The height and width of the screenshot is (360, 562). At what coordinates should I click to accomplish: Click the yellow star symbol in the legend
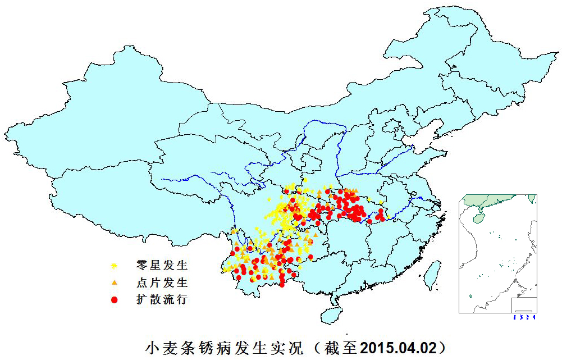click(x=114, y=265)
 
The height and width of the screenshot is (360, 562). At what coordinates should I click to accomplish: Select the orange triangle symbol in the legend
click(x=114, y=282)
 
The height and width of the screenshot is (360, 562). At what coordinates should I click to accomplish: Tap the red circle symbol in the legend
click(x=114, y=300)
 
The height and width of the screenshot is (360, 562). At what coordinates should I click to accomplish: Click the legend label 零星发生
click(x=162, y=265)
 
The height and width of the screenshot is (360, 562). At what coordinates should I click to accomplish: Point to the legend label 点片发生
click(x=162, y=282)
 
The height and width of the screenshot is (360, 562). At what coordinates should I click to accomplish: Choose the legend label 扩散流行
click(x=162, y=299)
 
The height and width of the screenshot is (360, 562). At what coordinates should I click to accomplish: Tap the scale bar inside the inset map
click(x=524, y=310)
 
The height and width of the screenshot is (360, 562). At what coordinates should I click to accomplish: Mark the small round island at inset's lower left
click(x=470, y=296)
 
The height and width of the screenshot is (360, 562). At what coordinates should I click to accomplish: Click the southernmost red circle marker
click(x=282, y=285)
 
